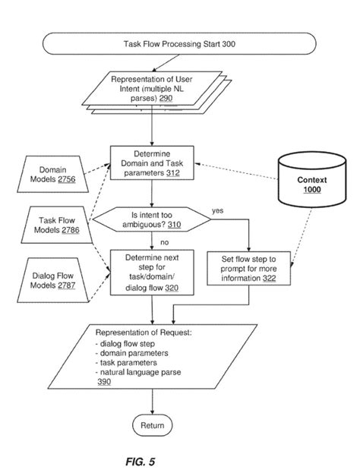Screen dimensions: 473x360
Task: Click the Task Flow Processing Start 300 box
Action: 179,45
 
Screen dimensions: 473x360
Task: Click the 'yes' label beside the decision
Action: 217,209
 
